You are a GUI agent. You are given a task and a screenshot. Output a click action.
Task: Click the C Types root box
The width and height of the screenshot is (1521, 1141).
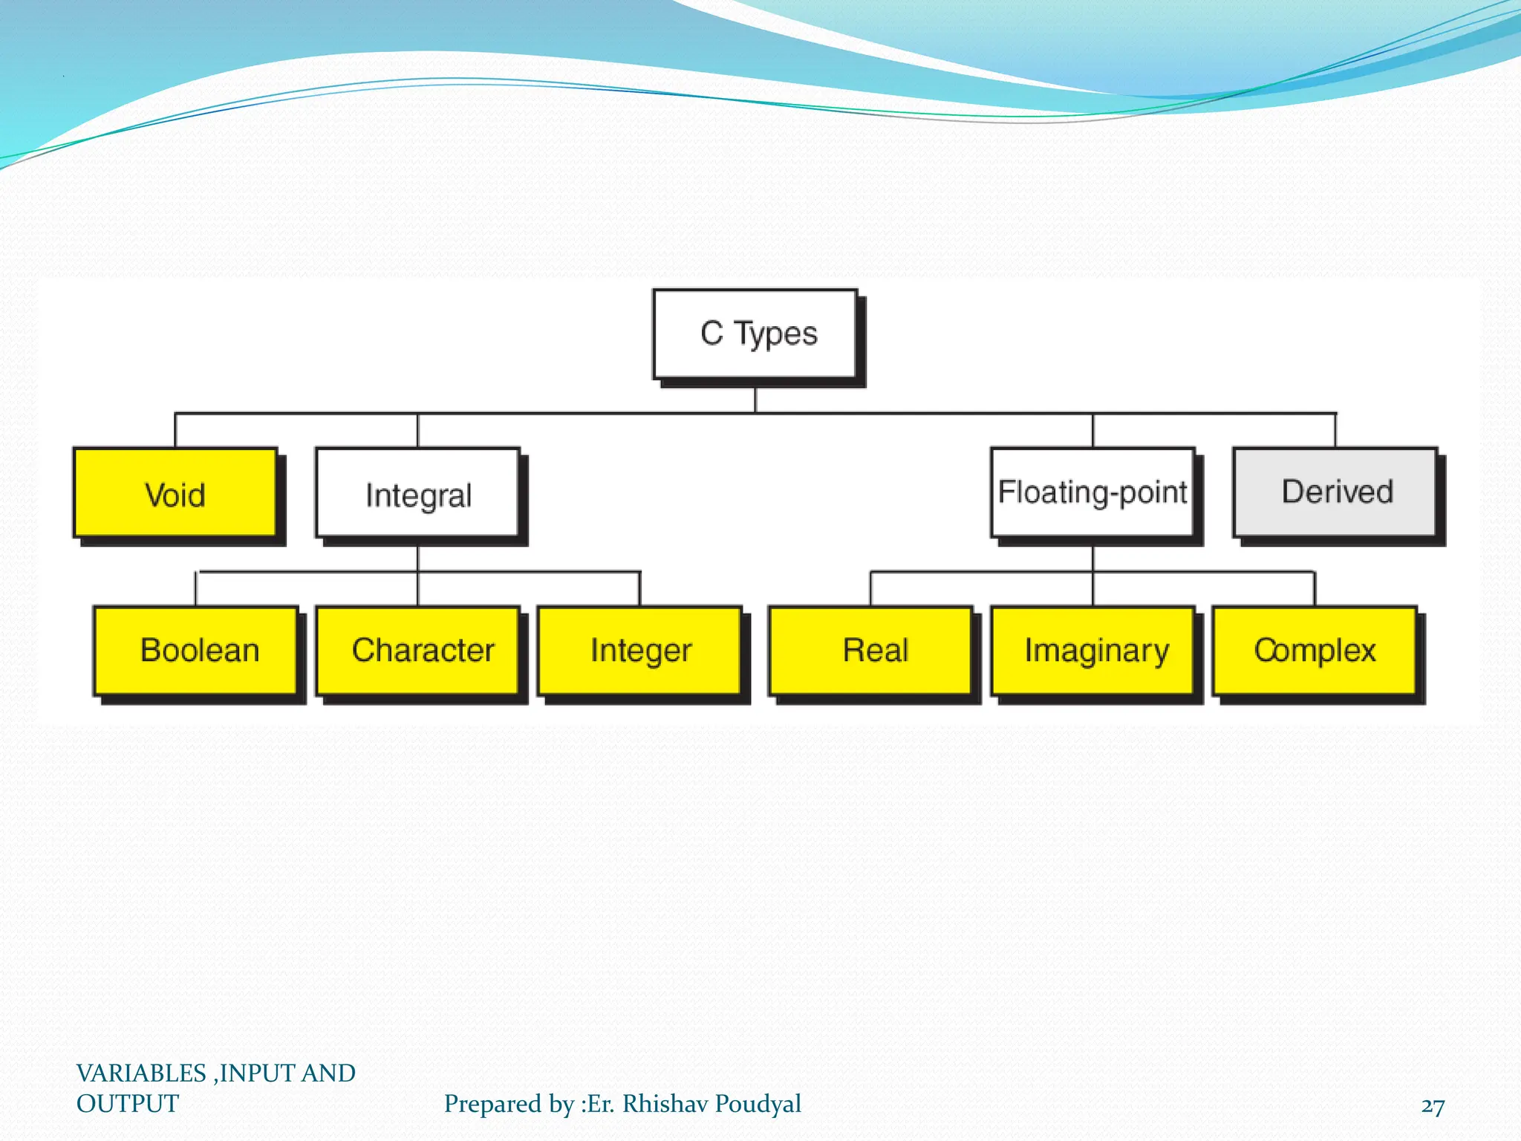(755, 334)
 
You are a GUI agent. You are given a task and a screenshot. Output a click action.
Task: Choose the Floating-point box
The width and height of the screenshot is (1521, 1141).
(1092, 492)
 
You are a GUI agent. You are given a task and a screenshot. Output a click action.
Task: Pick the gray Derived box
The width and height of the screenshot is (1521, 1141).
(1335, 492)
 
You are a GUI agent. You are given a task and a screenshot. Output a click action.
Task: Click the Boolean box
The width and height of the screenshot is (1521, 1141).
(197, 651)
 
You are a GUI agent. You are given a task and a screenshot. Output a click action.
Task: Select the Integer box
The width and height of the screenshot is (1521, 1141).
(640, 651)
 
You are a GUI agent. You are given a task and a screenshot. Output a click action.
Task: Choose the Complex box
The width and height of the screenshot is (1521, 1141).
(1315, 651)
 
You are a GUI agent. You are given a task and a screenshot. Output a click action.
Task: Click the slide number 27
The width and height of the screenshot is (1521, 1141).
(1433, 1106)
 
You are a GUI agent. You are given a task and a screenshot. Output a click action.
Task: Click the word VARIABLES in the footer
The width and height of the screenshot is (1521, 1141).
(141, 1073)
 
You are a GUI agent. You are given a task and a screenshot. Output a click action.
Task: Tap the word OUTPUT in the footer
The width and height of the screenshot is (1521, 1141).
(128, 1104)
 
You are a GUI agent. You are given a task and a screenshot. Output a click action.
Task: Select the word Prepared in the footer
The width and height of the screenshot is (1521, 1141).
(494, 1105)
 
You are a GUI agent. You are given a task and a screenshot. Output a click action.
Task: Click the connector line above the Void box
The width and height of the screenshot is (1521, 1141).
(175, 430)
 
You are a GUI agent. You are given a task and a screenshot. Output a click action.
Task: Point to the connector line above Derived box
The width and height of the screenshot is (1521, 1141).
(1335, 430)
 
